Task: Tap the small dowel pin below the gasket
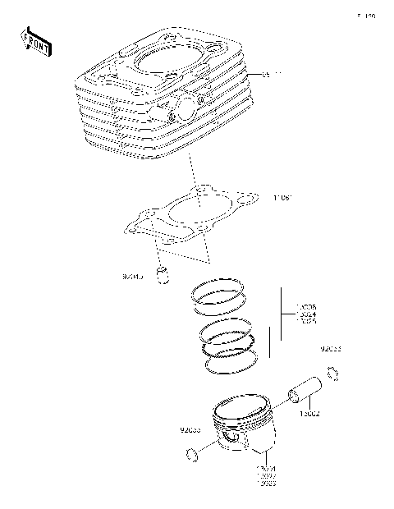coord(165,274)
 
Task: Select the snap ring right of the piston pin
coord(332,375)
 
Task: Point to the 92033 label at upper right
coord(331,350)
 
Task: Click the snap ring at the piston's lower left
coord(191,453)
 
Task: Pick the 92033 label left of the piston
coord(190,429)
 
